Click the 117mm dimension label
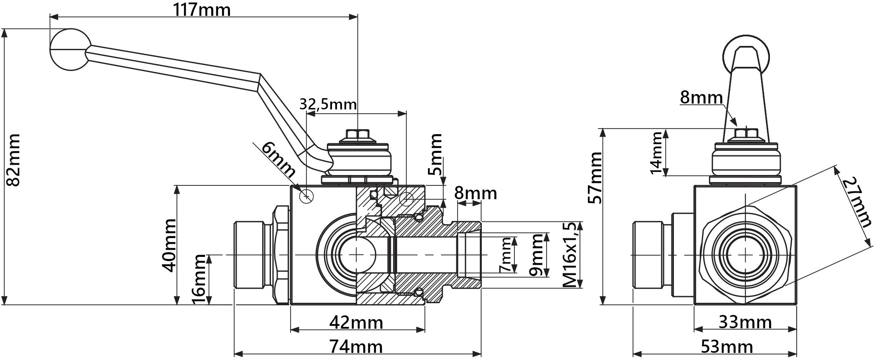tap(202, 9)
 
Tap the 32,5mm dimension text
tap(328, 104)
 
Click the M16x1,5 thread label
tap(572, 255)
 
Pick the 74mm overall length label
tap(356, 347)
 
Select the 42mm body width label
tap(356, 322)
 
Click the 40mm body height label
tap(169, 245)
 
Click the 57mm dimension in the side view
tap(595, 178)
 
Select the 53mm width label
tap(727, 347)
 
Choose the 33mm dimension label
tap(745, 322)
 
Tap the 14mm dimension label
tap(656, 152)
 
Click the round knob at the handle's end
tap(70, 49)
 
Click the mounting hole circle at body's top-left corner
tap(306, 195)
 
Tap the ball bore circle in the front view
tap(357, 255)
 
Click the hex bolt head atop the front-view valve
tap(358, 134)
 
